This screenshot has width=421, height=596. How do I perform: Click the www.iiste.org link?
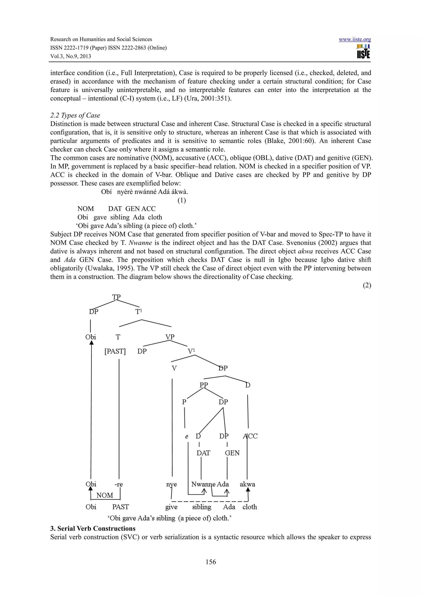(355, 39)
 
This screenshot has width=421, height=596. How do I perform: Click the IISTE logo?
(363, 51)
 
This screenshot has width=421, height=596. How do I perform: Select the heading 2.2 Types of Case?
(75, 116)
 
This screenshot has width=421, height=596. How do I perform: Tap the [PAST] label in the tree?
(115, 351)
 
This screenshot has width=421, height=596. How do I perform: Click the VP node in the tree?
(170, 337)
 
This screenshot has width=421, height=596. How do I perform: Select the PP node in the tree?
(204, 385)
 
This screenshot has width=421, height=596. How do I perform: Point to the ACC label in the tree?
(250, 436)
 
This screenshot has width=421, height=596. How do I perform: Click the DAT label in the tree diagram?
(203, 453)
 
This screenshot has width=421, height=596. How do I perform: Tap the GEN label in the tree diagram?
(232, 453)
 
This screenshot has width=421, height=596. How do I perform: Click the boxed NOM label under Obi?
(105, 495)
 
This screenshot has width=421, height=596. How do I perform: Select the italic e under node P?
(186, 437)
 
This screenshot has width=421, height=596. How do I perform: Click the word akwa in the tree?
(247, 484)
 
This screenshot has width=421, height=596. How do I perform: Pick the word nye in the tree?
(171, 484)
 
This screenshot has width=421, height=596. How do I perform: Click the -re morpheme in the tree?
(119, 484)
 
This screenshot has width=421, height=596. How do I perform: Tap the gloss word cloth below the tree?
(250, 507)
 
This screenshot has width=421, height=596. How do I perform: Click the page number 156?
(211, 562)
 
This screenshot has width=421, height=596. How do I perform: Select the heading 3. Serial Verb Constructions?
(93, 529)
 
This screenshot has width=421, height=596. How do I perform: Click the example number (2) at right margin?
(367, 285)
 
